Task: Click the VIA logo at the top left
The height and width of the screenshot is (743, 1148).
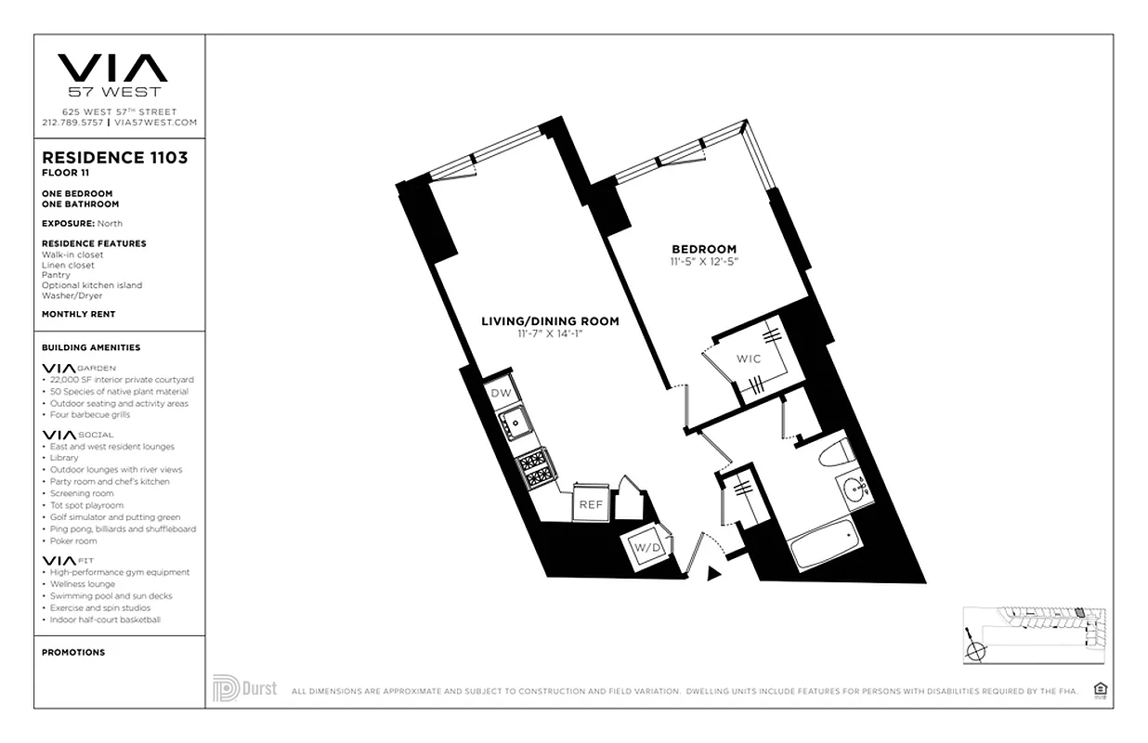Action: [x=112, y=69]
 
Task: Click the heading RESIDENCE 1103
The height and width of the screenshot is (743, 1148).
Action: [x=114, y=158]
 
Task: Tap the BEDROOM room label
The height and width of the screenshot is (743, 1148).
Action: [x=704, y=249]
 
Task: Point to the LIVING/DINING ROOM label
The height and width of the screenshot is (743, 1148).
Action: [x=550, y=321]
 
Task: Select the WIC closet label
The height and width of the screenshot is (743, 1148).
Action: [x=749, y=358]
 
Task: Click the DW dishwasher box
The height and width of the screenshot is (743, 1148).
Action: [x=501, y=394]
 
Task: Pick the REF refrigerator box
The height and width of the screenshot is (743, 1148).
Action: [x=590, y=504]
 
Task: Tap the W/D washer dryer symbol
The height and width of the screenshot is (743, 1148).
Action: [x=646, y=548]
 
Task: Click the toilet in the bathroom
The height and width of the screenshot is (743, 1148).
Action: [x=836, y=452]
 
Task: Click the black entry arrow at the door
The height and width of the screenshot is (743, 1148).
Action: [x=713, y=574]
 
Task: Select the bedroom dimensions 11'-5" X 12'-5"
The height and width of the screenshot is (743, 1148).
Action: [x=704, y=262]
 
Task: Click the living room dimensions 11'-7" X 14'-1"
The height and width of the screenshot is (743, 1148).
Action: [x=550, y=333]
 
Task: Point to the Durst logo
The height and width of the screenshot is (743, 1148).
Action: [x=244, y=689]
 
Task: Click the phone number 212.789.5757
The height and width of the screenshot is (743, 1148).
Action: [x=73, y=123]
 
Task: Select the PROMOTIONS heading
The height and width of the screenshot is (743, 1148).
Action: [x=73, y=652]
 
